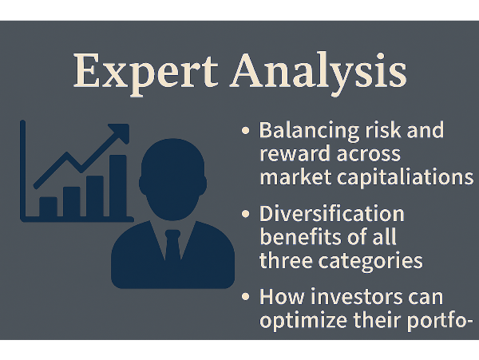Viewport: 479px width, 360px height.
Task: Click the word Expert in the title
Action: coord(146,74)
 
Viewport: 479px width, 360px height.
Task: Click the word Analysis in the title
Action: coord(319,74)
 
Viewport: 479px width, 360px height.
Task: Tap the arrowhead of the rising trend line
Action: coord(120,133)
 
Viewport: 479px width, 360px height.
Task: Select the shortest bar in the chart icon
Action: coord(48,207)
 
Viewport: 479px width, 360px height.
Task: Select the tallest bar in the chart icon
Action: coord(118,186)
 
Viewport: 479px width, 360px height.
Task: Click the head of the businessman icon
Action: coord(173,180)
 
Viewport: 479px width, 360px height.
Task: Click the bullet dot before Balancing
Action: coord(245,131)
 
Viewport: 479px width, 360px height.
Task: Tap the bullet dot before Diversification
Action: coord(245,214)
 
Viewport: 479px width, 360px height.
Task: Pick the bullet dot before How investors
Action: coord(245,297)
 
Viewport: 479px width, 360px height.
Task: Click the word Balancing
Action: coord(309,131)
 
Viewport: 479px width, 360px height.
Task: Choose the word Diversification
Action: coord(332,214)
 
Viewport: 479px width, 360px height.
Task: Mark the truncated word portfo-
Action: coord(440,321)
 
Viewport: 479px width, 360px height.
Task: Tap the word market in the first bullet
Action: coord(295,177)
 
